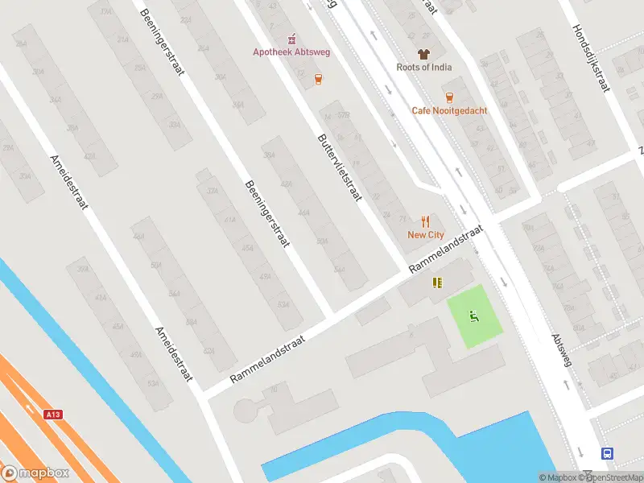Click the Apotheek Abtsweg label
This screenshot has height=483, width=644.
[x=292, y=52]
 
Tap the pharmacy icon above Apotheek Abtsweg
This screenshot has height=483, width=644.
[x=292, y=38]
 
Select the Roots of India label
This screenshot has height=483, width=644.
[x=423, y=68]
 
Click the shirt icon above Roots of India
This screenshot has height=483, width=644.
[x=423, y=53]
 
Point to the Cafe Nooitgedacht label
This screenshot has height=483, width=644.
[x=449, y=110]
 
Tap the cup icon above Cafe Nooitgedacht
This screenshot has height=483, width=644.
[x=449, y=97]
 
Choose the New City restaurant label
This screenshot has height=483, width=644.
[x=425, y=235]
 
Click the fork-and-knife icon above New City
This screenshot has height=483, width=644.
[x=426, y=221]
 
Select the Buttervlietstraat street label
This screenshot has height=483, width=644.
[x=341, y=167]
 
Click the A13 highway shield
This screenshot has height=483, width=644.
[x=53, y=415]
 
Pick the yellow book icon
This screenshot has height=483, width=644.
[x=437, y=283]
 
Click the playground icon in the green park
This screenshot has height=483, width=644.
[x=475, y=316]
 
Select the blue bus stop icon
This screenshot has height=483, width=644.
[x=607, y=453]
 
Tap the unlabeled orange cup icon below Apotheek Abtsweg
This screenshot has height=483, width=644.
[x=319, y=79]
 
